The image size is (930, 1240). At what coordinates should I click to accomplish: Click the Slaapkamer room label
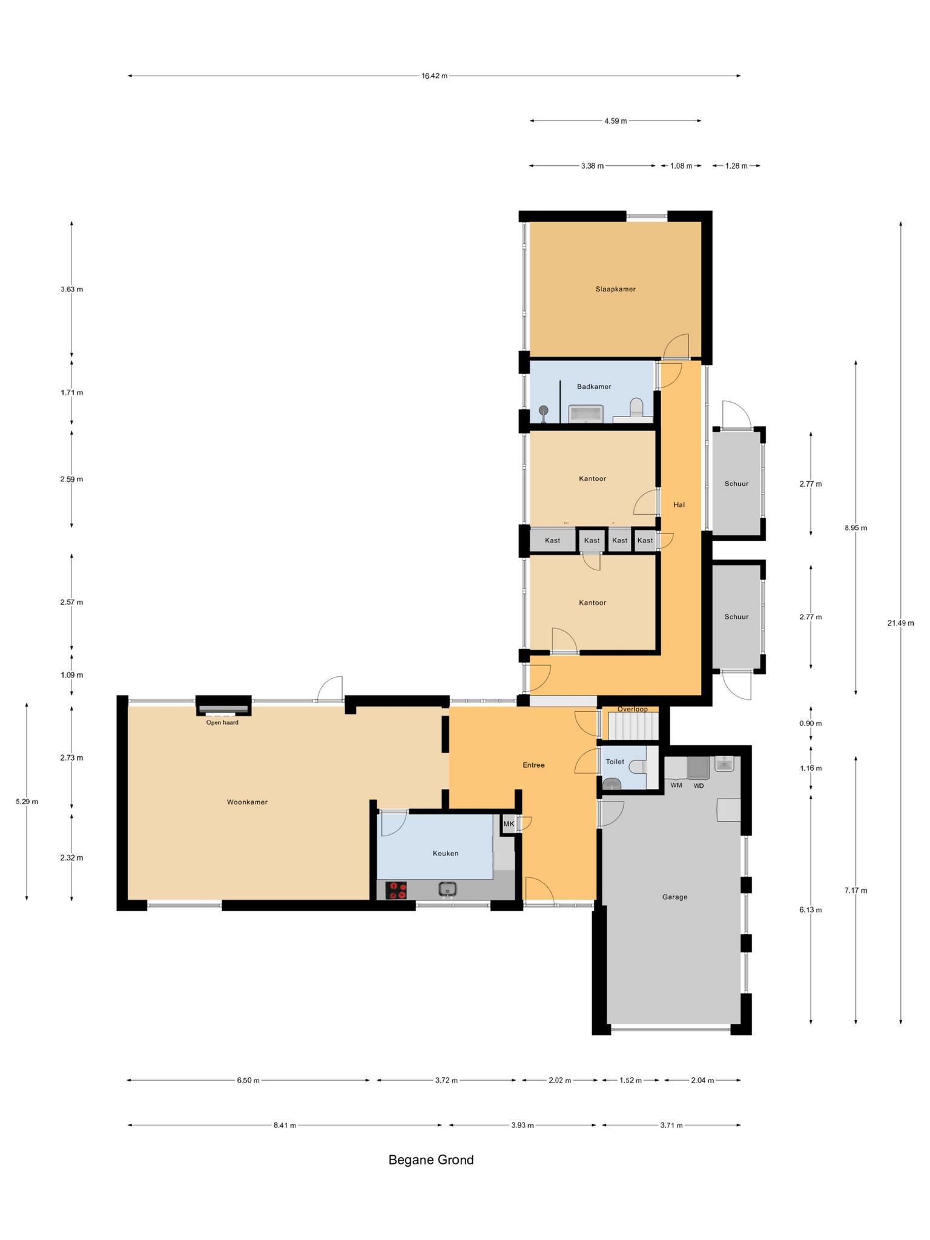click(x=615, y=289)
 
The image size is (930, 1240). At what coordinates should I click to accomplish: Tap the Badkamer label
click(x=594, y=387)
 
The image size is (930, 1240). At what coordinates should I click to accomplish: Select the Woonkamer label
click(x=247, y=802)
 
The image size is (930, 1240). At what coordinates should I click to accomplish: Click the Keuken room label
click(x=445, y=854)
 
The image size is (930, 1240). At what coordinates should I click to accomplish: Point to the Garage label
click(x=674, y=897)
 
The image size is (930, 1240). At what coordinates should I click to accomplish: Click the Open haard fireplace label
click(x=222, y=722)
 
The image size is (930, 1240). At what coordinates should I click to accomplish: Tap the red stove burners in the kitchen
click(x=397, y=890)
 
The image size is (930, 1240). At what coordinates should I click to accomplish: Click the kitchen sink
click(x=447, y=889)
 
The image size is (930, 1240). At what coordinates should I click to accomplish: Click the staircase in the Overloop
click(x=633, y=726)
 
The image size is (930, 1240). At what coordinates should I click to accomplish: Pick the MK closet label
click(x=509, y=824)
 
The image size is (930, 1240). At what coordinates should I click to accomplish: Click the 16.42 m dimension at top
click(x=434, y=76)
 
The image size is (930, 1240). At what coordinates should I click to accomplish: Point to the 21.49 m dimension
click(x=900, y=623)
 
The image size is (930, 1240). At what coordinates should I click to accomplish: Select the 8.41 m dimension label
click(x=285, y=1126)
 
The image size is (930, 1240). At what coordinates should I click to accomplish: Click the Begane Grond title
click(x=431, y=1160)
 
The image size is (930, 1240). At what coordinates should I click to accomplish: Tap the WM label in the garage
click(x=676, y=786)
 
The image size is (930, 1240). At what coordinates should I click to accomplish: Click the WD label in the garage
click(x=699, y=786)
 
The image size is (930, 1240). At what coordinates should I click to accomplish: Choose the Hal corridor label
click(x=679, y=504)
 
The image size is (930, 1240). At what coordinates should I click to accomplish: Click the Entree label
click(x=533, y=765)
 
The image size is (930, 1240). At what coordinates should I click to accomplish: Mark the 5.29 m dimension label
click(x=27, y=802)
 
